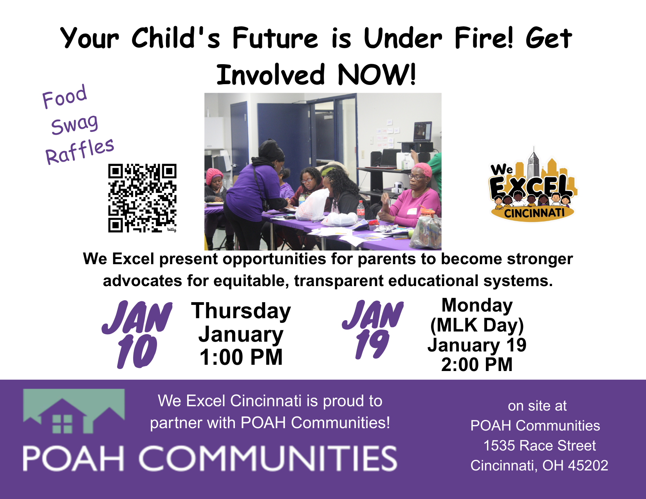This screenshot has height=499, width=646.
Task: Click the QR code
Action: click(142, 198)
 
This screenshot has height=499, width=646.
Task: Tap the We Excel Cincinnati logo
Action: click(532, 186)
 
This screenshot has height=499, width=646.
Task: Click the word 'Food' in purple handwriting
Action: click(65, 96)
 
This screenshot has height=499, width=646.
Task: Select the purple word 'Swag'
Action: click(74, 124)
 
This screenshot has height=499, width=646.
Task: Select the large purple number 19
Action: click(372, 344)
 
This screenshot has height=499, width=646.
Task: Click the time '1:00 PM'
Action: click(241, 357)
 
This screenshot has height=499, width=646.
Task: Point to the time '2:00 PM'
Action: click(476, 364)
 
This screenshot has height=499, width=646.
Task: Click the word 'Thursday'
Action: click(241, 311)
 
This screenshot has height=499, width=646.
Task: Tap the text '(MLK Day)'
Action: click(476, 325)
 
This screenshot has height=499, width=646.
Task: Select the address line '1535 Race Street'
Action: click(539, 445)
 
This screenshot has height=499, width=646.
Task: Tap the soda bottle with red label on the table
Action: click(361, 209)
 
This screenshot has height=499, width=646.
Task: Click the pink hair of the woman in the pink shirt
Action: click(421, 169)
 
